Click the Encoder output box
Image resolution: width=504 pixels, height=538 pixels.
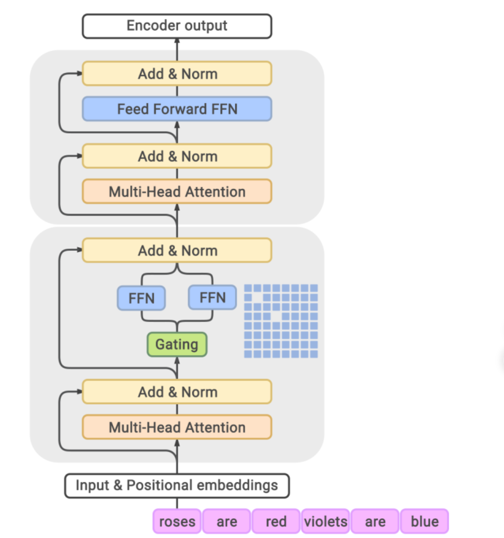click(x=177, y=26)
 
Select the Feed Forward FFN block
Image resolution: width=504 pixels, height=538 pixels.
click(x=177, y=109)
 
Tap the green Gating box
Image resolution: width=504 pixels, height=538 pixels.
click(x=177, y=344)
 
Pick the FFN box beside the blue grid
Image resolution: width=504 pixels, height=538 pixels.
click(x=212, y=298)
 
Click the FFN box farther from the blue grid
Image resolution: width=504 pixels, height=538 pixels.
click(x=141, y=298)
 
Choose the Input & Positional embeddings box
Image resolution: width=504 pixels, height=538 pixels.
click(x=177, y=485)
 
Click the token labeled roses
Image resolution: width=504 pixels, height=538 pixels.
click(x=177, y=521)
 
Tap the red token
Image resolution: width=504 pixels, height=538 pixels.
click(x=276, y=521)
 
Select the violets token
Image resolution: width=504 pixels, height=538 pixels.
click(x=326, y=521)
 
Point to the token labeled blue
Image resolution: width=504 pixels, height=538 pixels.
click(x=424, y=521)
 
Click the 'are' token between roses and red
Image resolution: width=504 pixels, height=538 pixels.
click(x=226, y=521)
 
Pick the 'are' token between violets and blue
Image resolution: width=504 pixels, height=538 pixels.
click(x=375, y=521)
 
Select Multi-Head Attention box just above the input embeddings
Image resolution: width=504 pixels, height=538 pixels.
click(x=177, y=427)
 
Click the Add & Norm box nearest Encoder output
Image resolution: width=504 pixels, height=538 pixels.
click(x=177, y=74)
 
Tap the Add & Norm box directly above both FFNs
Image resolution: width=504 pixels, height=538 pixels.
click(x=177, y=250)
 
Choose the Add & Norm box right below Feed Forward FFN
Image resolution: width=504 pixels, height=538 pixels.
click(x=177, y=156)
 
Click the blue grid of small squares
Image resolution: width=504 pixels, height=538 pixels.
click(x=281, y=321)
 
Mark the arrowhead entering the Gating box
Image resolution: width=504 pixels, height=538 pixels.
click(x=177, y=360)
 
